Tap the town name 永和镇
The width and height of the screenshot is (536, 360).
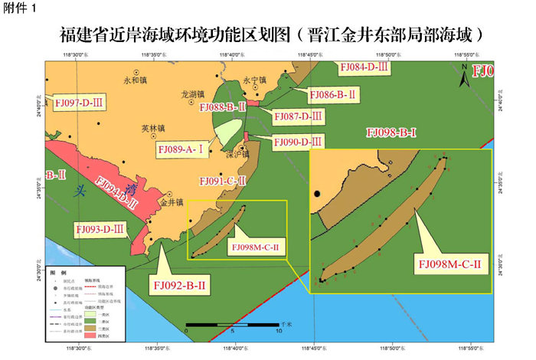(134, 80)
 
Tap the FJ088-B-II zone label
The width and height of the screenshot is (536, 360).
(221, 107)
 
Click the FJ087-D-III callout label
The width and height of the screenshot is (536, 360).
(299, 115)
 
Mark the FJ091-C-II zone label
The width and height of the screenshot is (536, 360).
(221, 182)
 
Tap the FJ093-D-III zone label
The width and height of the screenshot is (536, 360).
(101, 229)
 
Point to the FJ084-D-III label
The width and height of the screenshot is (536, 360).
(364, 68)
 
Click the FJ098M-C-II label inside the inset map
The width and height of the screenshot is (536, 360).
(450, 264)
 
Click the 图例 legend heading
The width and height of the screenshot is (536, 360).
(58, 272)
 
